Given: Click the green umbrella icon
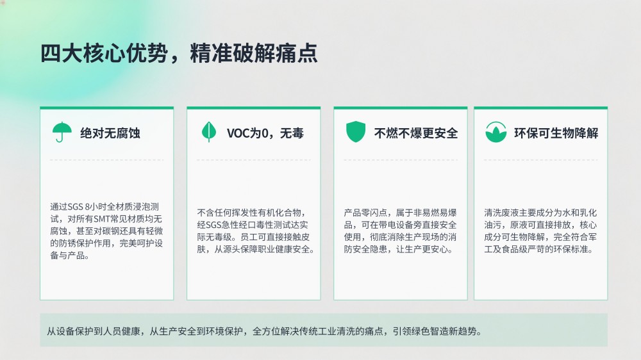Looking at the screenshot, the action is coord(62,131).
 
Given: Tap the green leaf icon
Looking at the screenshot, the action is coord(209,131).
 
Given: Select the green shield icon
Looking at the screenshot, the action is coord(356,131).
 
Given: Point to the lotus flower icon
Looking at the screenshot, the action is coord(496,132).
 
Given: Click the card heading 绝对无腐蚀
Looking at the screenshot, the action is coord(110,133).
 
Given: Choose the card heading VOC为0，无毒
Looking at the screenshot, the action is coord(265,133).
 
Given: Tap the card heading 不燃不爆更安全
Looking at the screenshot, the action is coord(416,133).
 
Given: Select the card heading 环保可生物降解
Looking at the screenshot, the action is coord(556,133).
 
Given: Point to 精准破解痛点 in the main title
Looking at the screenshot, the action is coord(253,54).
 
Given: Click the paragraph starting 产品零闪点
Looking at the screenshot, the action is coord(400,231).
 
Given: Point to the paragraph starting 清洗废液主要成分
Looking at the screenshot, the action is coord(540,231).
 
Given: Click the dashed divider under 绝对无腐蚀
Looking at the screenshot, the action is coord(106,160).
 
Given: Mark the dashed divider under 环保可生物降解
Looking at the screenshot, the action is coord(540,160).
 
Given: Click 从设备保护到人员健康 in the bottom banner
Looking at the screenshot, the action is coord(94,331).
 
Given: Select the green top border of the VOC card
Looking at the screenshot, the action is coord(253,108).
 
